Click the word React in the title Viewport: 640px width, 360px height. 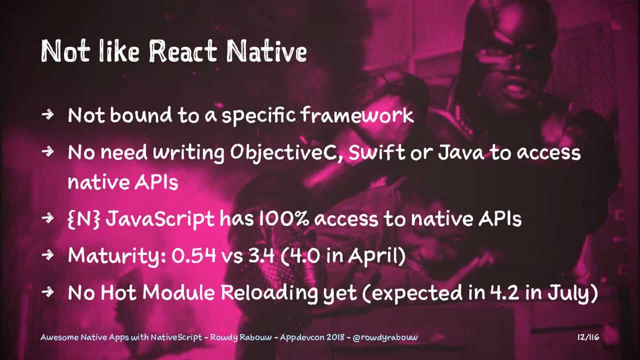[183, 51]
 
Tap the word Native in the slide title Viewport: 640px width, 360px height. [266, 51]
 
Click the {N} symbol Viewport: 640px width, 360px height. [84, 219]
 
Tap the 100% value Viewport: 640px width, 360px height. [284, 218]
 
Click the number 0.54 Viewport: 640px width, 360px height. [193, 255]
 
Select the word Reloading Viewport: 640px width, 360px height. [269, 293]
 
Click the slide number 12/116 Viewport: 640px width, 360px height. [588, 337]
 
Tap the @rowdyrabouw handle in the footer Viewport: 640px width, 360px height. [385, 337]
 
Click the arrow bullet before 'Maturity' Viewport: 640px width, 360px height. [47, 254]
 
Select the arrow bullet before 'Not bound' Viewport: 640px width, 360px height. [47, 114]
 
